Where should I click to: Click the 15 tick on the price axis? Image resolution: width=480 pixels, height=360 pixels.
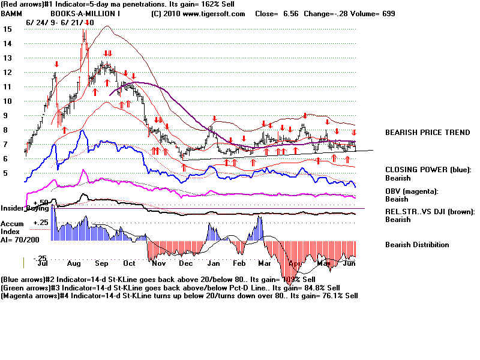[x=7, y=29]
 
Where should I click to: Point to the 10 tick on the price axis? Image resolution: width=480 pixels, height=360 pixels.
[x=7, y=101]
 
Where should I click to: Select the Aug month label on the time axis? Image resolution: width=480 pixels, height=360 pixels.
[x=74, y=263]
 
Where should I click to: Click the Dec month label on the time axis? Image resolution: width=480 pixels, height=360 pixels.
[x=185, y=263]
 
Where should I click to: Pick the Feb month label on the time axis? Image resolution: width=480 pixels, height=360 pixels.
[x=239, y=263]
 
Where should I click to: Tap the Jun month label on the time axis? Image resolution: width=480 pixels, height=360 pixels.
[x=349, y=263]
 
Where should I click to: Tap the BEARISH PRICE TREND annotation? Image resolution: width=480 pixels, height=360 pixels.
[x=428, y=133]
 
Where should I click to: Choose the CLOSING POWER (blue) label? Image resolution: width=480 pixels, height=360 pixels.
[x=427, y=170]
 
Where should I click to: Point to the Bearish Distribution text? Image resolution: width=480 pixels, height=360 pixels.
[x=417, y=244]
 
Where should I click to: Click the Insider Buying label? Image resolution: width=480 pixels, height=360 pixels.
[x=25, y=208]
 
